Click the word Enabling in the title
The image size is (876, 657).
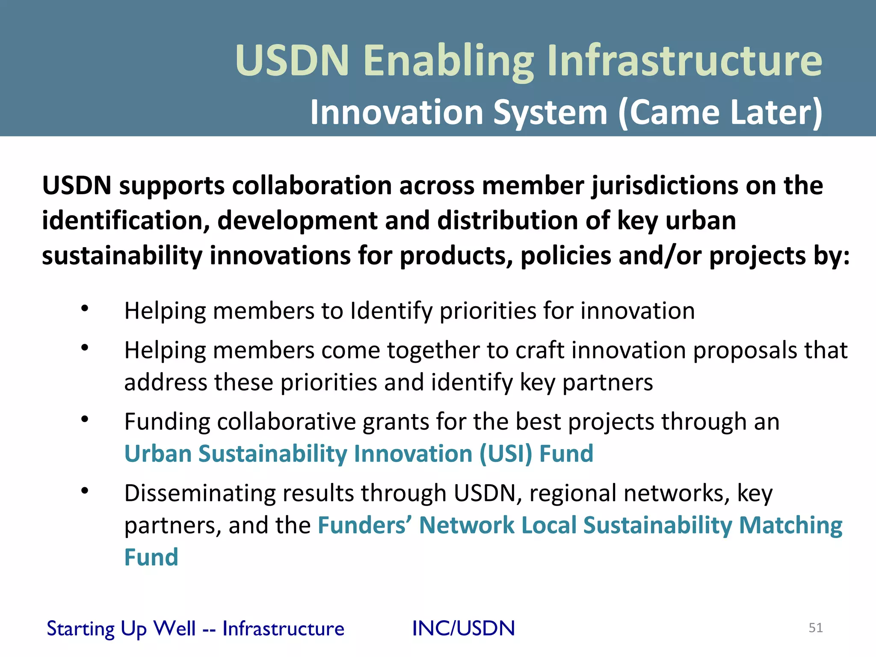[449, 61]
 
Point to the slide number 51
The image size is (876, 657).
[816, 627]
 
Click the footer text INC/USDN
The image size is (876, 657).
[463, 628]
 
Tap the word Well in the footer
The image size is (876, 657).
[174, 628]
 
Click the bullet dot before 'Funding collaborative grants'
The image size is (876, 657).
[85, 419]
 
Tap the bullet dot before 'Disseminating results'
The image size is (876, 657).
[85, 491]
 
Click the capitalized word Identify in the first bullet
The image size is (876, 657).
[391, 311]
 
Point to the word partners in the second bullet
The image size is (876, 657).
[607, 382]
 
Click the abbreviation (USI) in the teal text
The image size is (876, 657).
[505, 454]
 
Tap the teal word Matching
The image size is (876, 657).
[790, 525]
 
